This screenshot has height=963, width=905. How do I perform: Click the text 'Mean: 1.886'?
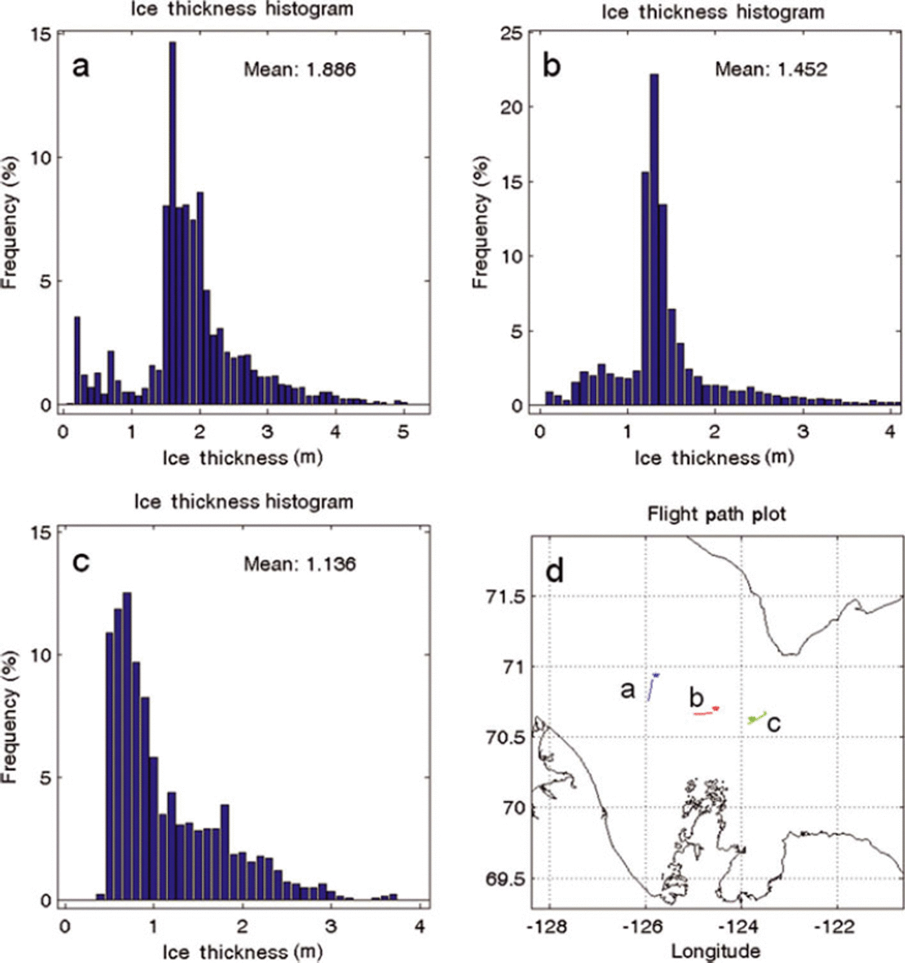[x=299, y=69]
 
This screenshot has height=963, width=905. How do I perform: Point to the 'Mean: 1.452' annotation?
[x=771, y=69]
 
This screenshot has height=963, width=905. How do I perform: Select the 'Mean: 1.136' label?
[x=299, y=564]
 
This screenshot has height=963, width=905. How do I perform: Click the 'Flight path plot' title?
[x=716, y=514]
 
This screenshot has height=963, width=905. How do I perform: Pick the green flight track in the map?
[x=757, y=717]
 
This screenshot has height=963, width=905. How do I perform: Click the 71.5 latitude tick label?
[x=506, y=596]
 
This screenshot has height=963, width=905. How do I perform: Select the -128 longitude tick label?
[x=547, y=927]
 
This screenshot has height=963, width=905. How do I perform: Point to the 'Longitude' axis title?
[x=716, y=951]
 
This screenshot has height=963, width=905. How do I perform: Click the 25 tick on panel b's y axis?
[x=511, y=33]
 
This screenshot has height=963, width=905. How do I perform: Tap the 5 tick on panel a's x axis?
[x=403, y=431]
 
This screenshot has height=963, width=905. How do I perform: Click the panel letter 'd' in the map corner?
[x=555, y=571]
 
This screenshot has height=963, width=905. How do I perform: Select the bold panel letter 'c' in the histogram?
[x=81, y=562]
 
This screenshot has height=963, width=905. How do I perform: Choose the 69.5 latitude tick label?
[x=506, y=879]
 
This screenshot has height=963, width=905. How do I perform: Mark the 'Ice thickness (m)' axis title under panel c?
[x=242, y=951]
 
